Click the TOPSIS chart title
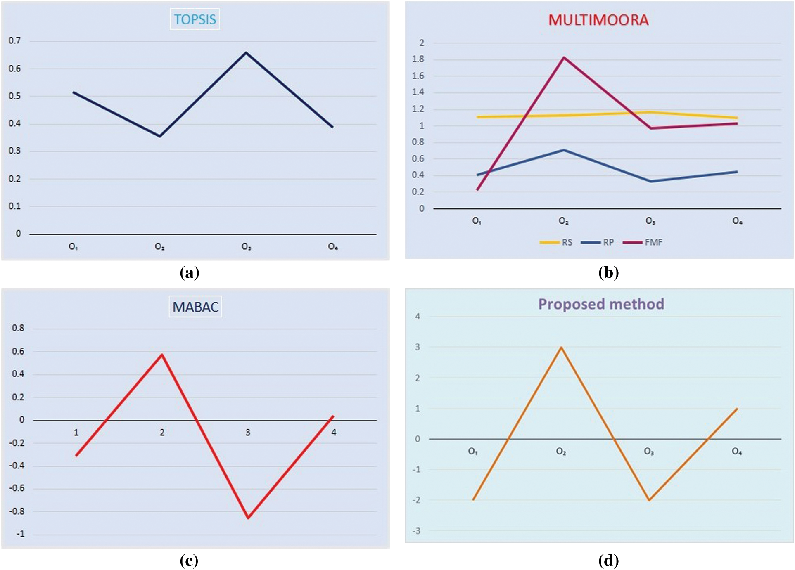pos(195,19)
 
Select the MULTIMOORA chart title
pos(598,20)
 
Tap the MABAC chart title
pos(195,307)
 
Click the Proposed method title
pos(601,304)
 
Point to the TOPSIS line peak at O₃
pos(246,53)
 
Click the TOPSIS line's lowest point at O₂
pos(160,136)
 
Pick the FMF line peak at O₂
pos(564,58)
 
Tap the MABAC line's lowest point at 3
pos(248,518)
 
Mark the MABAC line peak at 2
pos(162,355)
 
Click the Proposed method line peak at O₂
pos(561,348)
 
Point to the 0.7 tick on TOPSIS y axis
pos(14,40)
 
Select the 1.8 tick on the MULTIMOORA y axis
pos(418,59)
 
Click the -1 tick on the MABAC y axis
pos(20,534)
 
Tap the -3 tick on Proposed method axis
pos(416,531)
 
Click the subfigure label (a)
pos(190,272)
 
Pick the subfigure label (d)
pos(608,560)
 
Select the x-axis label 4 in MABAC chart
pos(334,432)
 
